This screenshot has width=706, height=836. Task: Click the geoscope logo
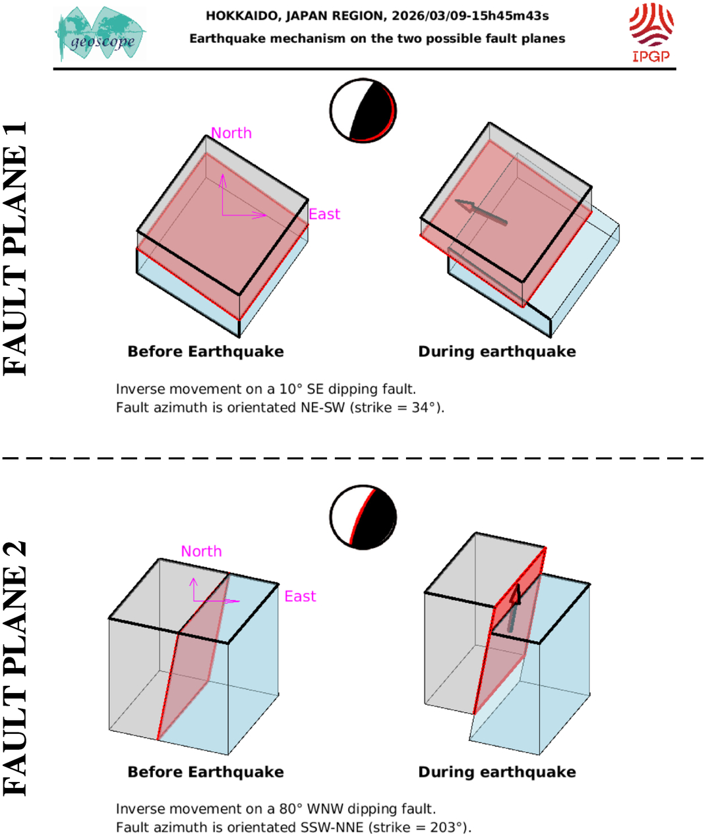100,34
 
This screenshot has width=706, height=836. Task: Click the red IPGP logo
651,32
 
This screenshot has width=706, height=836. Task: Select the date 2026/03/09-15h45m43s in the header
470,16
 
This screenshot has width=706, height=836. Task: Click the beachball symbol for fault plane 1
363,111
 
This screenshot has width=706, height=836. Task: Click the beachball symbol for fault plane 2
363,517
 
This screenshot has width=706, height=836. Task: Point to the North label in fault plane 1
231,133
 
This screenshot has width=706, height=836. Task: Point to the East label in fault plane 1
324,214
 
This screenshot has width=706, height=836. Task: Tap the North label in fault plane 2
201,551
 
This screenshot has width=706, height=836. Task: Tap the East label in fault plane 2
300,596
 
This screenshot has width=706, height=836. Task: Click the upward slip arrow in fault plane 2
514,608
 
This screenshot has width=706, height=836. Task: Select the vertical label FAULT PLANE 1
15,248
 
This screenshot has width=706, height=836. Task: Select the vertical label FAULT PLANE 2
15,668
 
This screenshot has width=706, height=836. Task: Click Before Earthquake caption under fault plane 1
206,352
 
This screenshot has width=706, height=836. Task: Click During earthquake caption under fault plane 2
497,772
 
